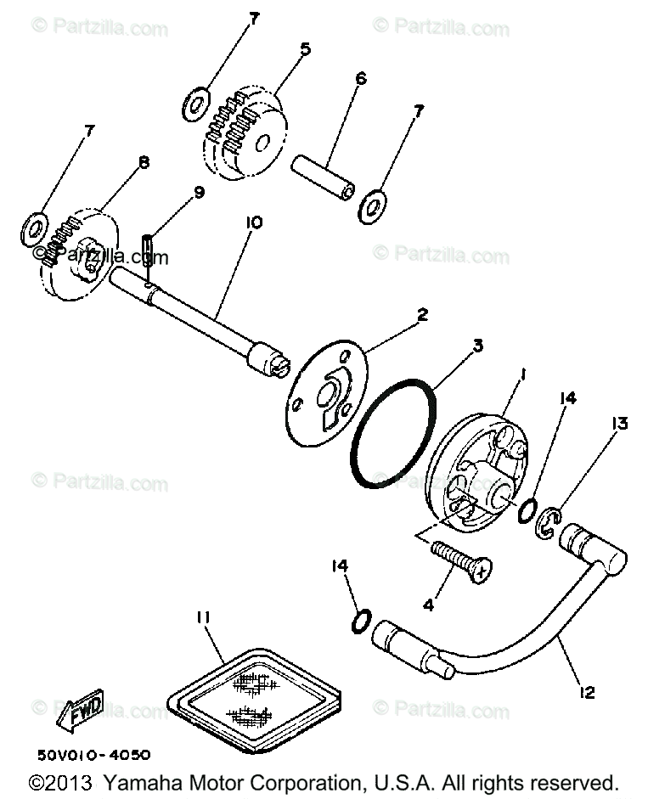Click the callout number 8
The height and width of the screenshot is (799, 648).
(x=142, y=161)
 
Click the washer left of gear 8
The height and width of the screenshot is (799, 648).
(x=35, y=227)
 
